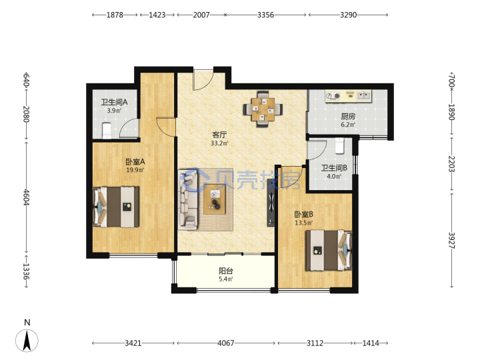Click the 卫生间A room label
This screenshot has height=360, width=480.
pos(114,102)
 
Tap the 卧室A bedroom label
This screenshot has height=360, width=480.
pos(135,161)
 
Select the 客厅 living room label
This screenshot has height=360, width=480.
pos(219,135)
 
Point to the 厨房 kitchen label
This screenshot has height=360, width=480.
pos(348,116)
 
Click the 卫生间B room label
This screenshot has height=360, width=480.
pos(334,168)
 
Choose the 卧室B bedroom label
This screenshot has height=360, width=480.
pos(304,214)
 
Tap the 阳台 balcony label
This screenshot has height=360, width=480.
pos(226,271)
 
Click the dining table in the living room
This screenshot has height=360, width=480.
pos(263,109)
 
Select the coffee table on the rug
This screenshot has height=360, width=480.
pos(215,199)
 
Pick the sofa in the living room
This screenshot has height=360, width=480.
pos(188,199)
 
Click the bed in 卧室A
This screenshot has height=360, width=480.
pos(116,207)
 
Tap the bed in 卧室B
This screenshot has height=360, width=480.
pos(329,251)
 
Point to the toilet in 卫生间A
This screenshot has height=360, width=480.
pos(106,131)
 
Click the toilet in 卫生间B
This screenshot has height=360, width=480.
pos(339,146)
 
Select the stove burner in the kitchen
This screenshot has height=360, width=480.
pos(333,96)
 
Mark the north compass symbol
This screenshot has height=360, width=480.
pos(27,341)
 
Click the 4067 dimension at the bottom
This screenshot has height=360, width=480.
pos(226,343)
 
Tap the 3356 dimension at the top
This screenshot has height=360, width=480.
pos(265,15)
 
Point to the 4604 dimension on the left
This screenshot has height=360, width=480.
pos(26,198)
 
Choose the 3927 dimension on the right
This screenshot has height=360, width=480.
pos(452,240)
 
